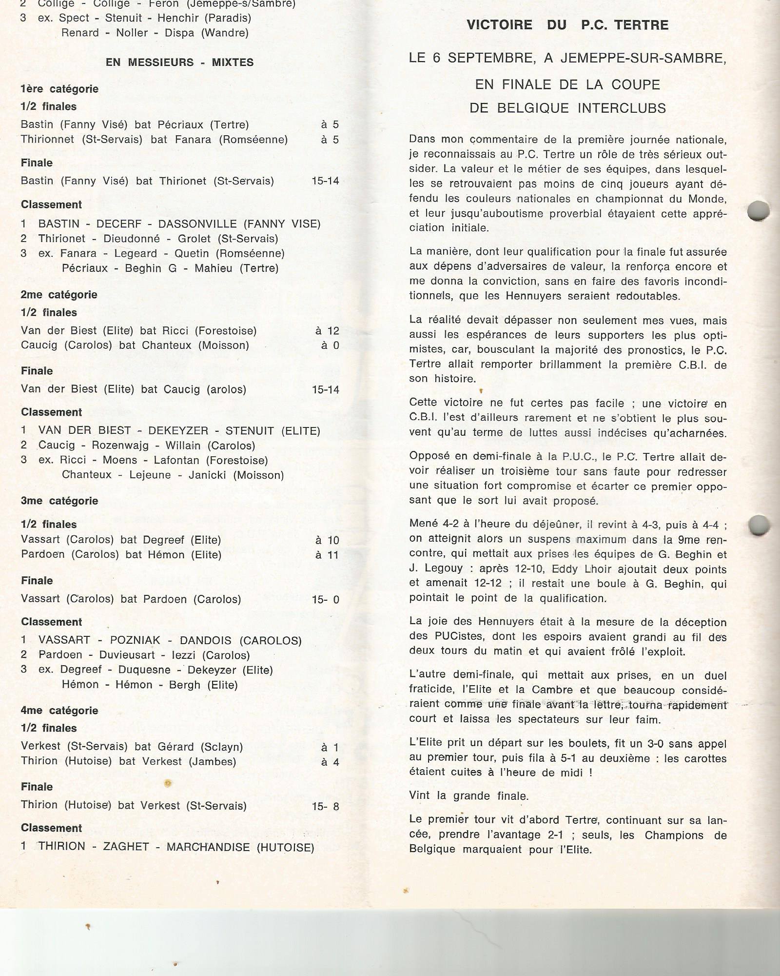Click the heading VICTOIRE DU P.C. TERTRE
tap(567, 25)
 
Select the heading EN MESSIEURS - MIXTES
tap(179, 62)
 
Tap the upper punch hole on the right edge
tap(758, 211)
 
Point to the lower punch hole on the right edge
tap(759, 526)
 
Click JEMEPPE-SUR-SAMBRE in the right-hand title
tap(643, 58)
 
